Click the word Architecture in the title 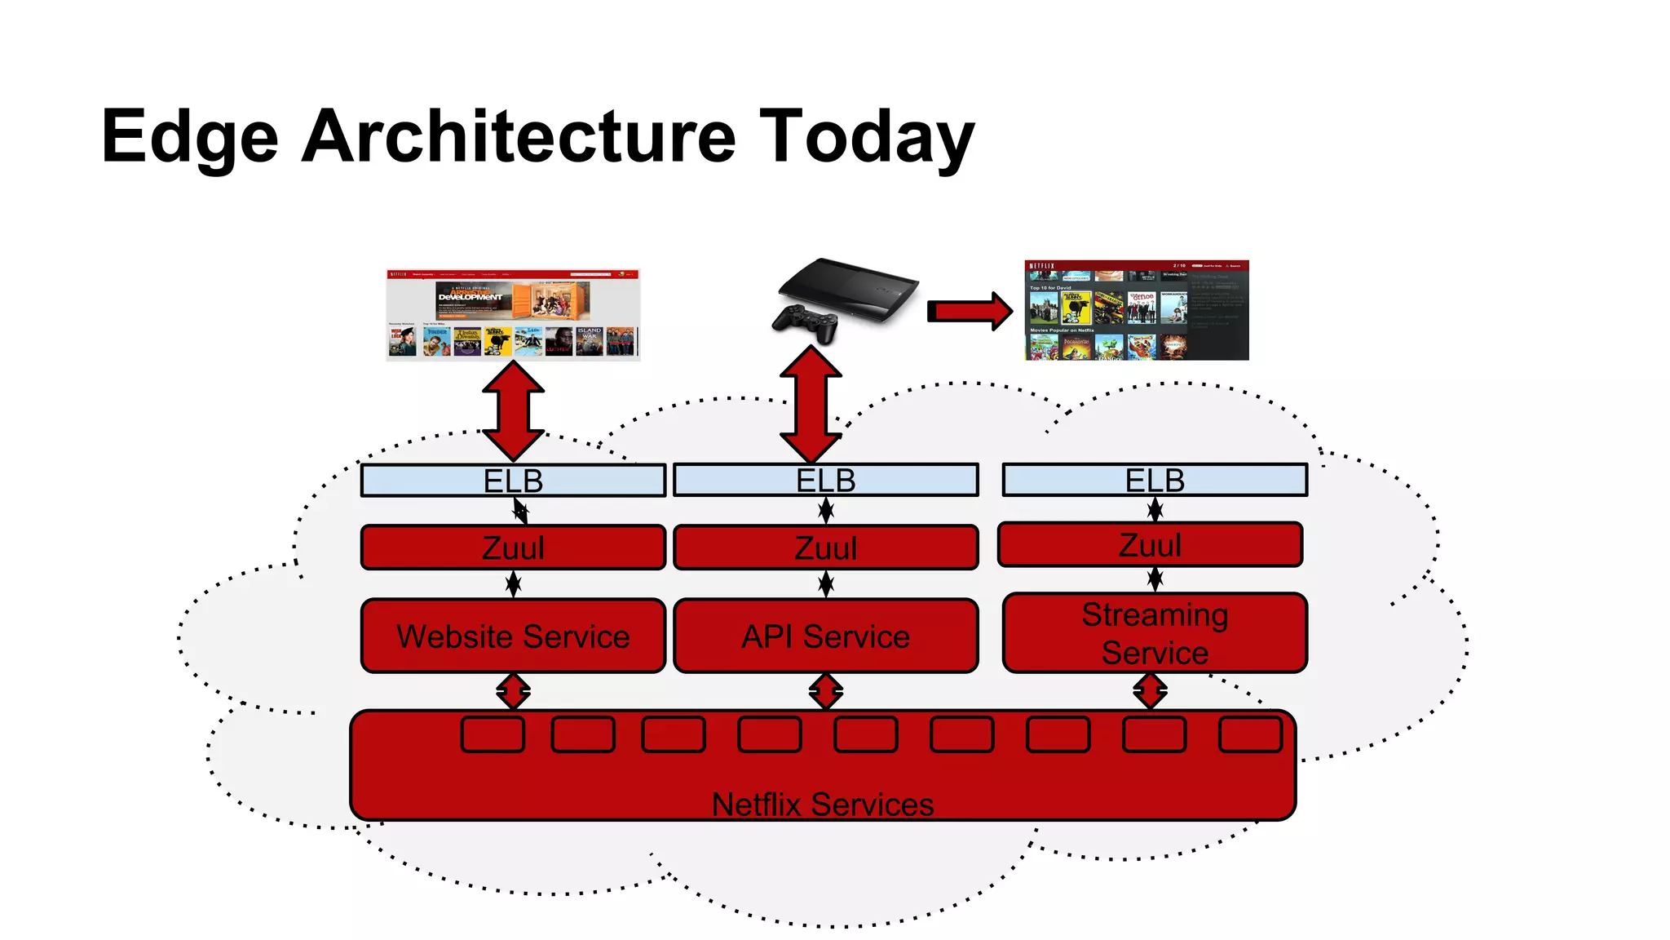click(519, 136)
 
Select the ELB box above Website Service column click(513, 481)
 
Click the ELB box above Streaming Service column click(1155, 480)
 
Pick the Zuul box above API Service click(825, 548)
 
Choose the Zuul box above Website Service click(513, 548)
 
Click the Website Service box click(513, 636)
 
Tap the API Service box click(825, 636)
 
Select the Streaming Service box click(1155, 633)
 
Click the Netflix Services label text click(822, 805)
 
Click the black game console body click(848, 286)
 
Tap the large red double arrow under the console click(811, 404)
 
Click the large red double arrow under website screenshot click(513, 410)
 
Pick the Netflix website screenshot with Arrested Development click(513, 315)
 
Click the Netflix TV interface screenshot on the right click(1136, 310)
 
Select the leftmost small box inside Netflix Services click(493, 734)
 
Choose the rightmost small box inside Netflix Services click(1250, 734)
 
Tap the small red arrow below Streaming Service click(1150, 692)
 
